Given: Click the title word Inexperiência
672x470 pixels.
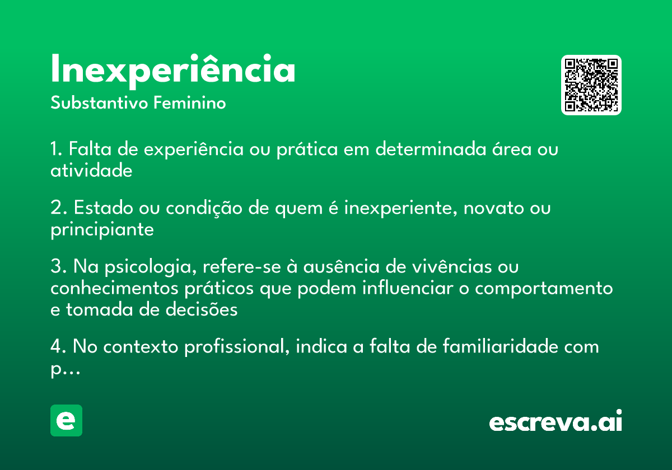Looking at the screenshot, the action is tap(173, 71).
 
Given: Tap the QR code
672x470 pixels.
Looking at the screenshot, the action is tap(591, 85).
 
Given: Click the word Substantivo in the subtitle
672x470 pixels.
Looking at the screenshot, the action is tap(99, 102).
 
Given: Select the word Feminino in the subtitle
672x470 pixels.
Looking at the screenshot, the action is tap(190, 102).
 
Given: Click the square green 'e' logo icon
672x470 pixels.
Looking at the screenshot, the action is tap(66, 420).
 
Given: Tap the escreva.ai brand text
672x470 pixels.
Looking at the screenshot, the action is tap(556, 421).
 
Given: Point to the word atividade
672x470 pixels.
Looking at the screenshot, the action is tap(91, 170).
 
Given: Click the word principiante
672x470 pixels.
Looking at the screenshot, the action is tap(102, 230).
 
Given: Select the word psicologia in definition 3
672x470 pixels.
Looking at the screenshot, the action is tap(151, 267).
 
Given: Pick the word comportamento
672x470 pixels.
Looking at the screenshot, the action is tap(544, 289).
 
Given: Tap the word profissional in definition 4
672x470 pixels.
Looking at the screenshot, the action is tap(237, 347).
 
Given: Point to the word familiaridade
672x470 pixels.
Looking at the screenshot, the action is tap(501, 346).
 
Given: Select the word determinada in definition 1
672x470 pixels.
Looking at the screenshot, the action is tap(431, 149).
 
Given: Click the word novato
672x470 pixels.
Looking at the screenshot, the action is tap(493, 208).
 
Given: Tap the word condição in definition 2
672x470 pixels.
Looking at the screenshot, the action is tap(204, 208).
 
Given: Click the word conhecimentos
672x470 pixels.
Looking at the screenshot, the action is tap(114, 288).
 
